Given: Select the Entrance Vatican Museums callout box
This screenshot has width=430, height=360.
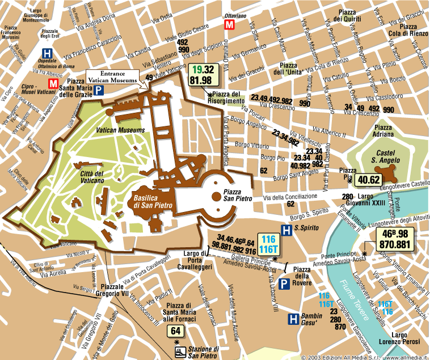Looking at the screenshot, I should pos(111,78).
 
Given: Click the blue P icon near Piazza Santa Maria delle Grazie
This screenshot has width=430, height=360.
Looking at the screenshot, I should pos(99,90).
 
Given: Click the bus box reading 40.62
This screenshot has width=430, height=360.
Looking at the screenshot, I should pos(368,180).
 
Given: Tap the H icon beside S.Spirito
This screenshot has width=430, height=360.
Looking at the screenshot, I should pos(288,228).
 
